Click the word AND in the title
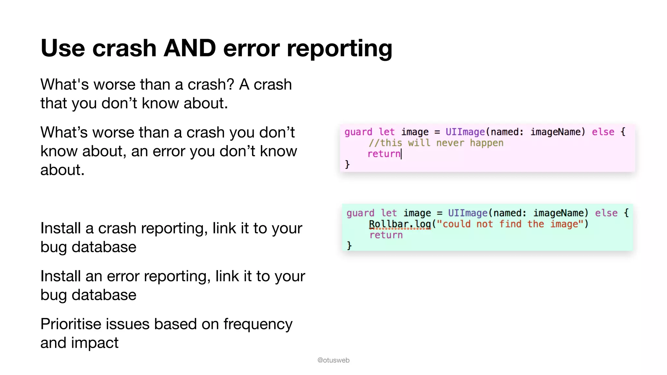point(190,48)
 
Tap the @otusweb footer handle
point(333,360)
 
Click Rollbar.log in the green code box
point(400,224)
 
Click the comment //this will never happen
point(436,143)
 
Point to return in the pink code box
point(384,154)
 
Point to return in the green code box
point(386,235)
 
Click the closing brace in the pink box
point(347,164)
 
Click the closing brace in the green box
point(349,245)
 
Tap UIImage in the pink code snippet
point(465,132)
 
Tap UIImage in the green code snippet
point(467,213)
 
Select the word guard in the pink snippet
point(358,132)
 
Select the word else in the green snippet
point(606,213)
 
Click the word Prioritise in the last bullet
point(70,324)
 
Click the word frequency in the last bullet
point(258,325)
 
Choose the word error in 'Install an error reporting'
point(123,276)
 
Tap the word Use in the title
point(63,48)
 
